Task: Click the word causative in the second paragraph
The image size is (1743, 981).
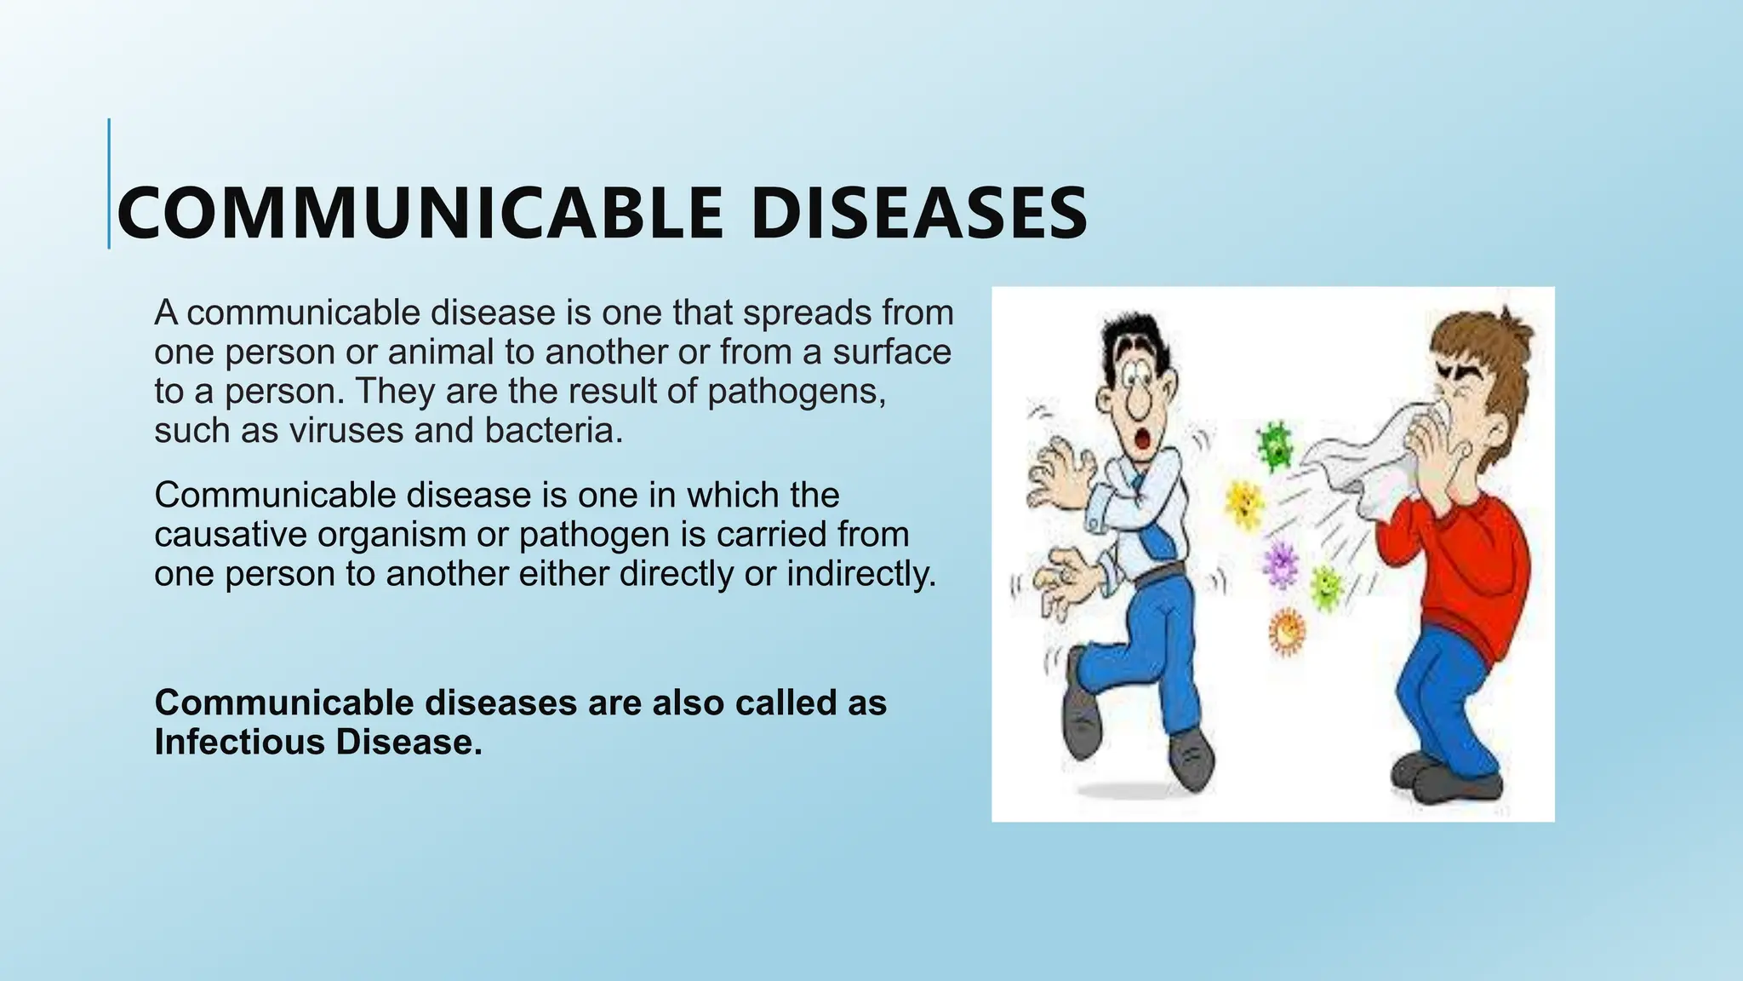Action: [231, 535]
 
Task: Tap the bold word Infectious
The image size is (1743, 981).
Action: [240, 743]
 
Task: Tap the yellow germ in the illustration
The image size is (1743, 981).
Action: [1244, 504]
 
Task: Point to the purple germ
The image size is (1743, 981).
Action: [1279, 563]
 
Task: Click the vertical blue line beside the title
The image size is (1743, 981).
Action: [109, 184]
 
